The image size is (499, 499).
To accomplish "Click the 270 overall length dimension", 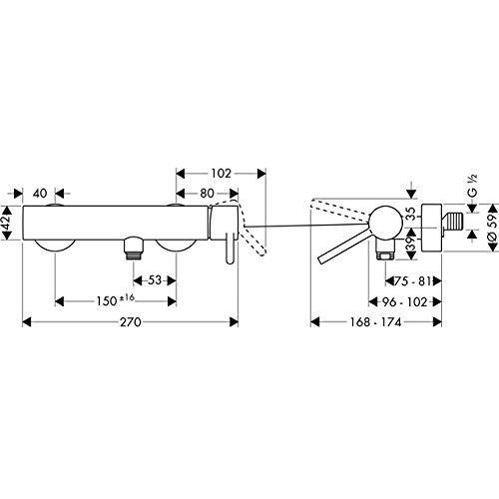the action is (x=131, y=322).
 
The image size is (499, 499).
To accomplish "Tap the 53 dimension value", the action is (x=155, y=280).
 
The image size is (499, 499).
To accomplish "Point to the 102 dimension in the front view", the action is (x=221, y=174).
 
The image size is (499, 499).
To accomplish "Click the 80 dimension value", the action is (x=207, y=194).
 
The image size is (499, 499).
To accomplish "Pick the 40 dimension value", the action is (x=40, y=194).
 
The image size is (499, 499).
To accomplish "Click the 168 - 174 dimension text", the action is (x=376, y=322).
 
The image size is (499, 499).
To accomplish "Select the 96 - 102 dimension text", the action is (x=404, y=302).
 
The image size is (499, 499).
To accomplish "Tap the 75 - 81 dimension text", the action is (x=412, y=281).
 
